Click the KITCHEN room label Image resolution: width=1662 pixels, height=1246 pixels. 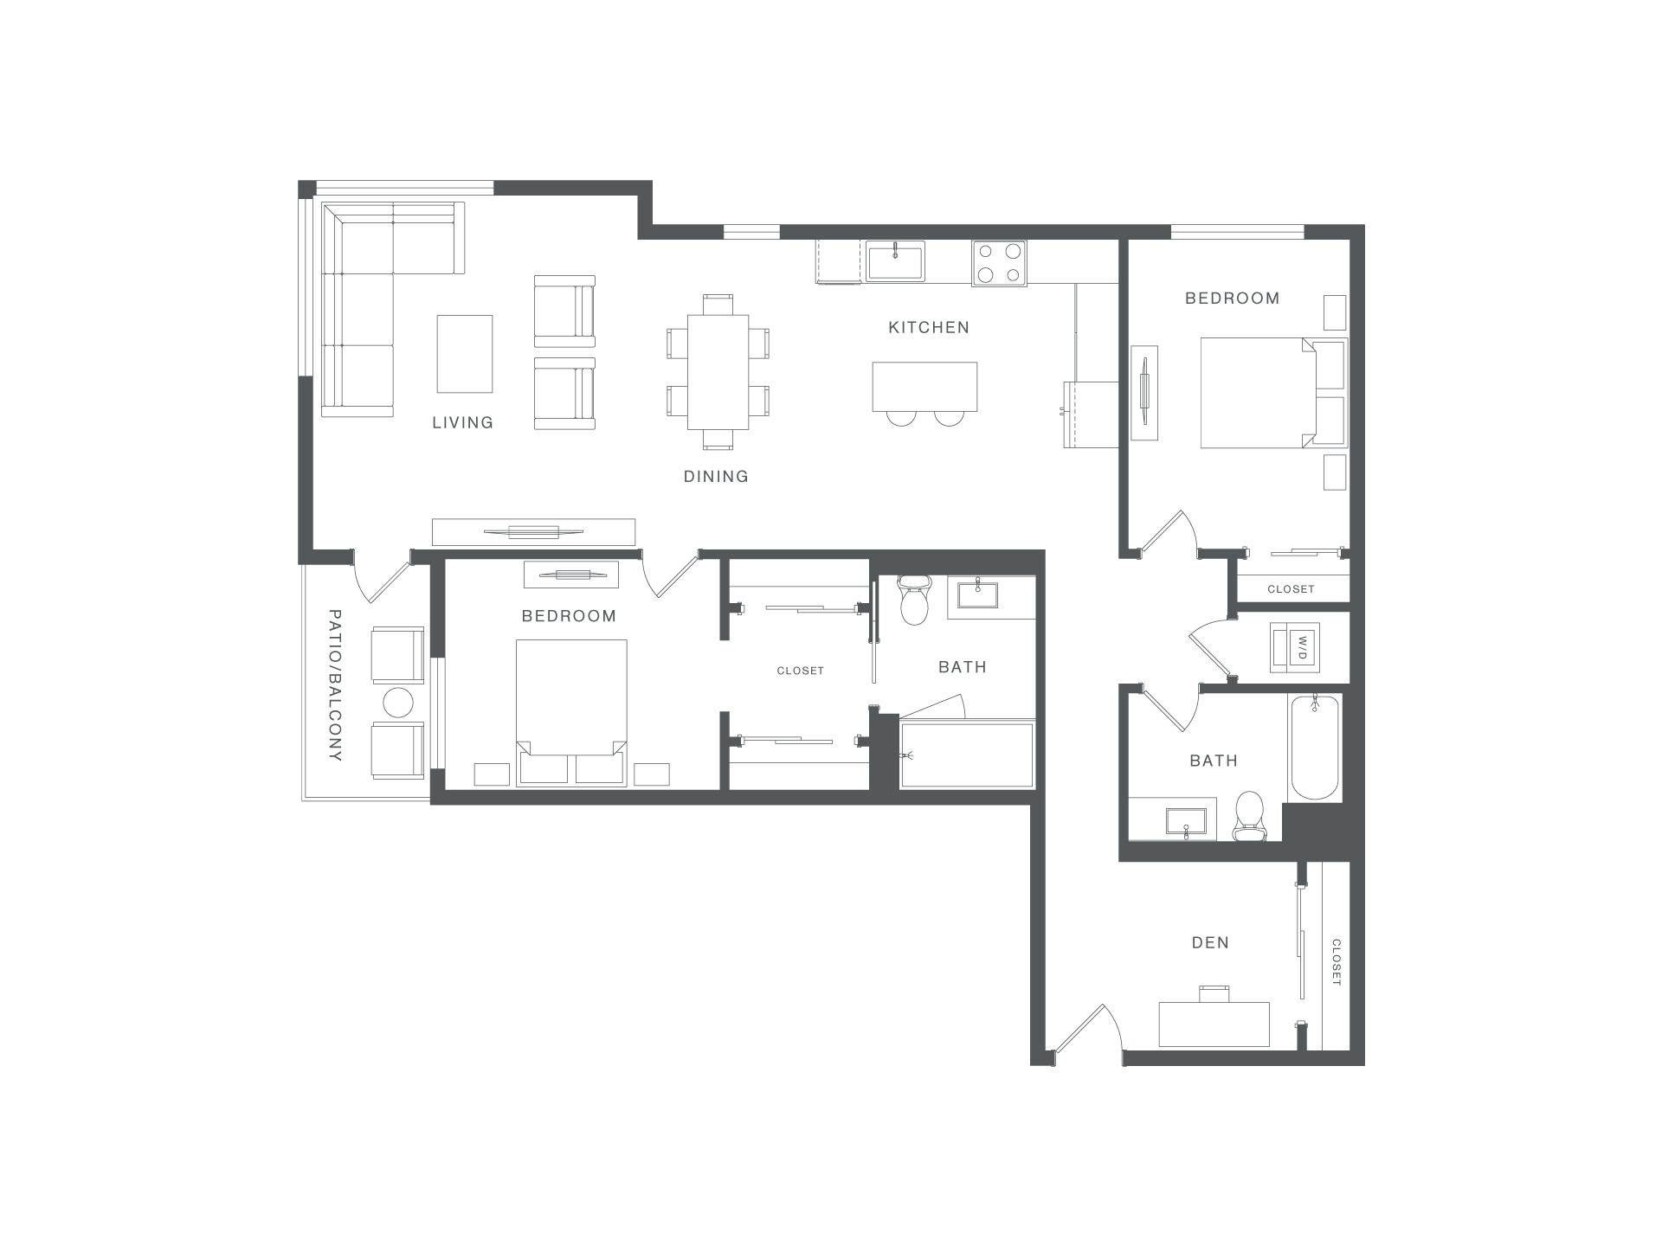[929, 327]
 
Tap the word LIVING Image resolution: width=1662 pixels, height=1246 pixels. [463, 422]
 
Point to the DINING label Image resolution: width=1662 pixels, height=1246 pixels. [716, 476]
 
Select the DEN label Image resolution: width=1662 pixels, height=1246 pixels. [1210, 942]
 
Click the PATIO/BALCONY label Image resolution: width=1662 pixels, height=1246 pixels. [336, 685]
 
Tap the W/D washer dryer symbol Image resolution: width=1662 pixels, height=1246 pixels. [1296, 646]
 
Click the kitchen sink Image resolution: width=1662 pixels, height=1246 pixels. [895, 261]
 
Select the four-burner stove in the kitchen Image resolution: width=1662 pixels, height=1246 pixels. [999, 262]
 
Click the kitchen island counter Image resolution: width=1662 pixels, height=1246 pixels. [924, 387]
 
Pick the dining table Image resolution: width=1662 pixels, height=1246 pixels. [718, 372]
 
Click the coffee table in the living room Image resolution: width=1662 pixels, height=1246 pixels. [465, 354]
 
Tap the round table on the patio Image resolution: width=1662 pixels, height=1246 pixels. [398, 703]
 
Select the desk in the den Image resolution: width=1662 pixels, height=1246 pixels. [1214, 1024]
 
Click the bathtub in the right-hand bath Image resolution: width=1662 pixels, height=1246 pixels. [1315, 746]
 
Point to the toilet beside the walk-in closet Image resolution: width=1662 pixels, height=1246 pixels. [914, 599]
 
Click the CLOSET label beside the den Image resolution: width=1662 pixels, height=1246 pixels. [1336, 962]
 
